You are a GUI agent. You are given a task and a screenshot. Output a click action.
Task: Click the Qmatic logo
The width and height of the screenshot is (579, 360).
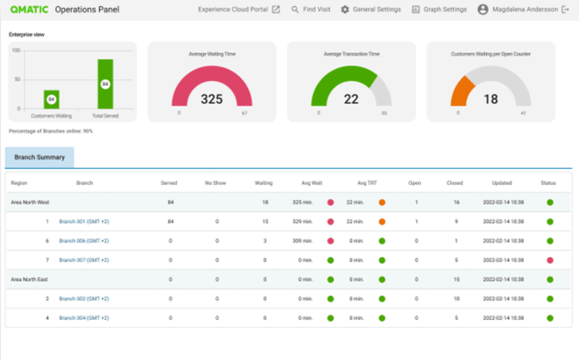(x=29, y=10)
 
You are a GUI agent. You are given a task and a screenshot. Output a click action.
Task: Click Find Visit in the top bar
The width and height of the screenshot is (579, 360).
(x=311, y=10)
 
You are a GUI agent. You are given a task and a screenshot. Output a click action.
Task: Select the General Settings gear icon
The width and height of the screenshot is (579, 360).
(x=345, y=10)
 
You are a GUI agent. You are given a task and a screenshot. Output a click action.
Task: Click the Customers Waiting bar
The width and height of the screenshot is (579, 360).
(x=51, y=99)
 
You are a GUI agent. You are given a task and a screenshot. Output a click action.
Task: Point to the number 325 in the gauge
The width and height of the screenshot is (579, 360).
(x=212, y=99)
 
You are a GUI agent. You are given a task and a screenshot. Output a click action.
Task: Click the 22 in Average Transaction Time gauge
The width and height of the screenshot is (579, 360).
(x=351, y=99)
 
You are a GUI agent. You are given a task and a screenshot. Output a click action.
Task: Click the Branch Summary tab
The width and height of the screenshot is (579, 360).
(x=40, y=157)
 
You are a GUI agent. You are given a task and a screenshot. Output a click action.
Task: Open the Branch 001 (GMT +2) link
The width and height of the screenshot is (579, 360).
(x=84, y=222)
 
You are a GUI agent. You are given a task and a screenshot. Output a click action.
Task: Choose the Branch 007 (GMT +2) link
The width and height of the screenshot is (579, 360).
(x=84, y=260)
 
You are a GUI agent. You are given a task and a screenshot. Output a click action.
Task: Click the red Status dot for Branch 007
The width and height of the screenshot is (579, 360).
(x=550, y=260)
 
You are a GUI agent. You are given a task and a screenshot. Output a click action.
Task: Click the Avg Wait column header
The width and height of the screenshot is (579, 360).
(x=311, y=183)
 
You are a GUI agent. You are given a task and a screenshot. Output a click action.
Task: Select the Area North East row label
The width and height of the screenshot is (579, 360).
(x=29, y=280)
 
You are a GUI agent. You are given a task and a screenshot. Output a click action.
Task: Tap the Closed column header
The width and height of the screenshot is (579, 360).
(x=455, y=183)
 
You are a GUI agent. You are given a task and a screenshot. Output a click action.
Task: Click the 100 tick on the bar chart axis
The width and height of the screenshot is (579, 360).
(x=16, y=50)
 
